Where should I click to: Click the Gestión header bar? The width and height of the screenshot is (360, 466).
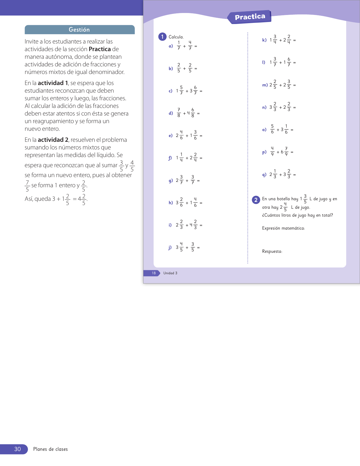tap(79, 30)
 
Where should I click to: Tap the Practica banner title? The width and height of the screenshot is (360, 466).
tap(250, 17)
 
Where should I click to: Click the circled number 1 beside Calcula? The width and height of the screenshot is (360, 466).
tap(162, 37)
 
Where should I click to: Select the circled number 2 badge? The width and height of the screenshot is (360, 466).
tap(256, 200)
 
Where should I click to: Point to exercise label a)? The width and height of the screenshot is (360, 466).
tap(171, 46)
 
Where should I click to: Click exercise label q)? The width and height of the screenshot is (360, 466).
tap(264, 175)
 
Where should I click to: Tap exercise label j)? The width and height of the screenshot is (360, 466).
tap(170, 247)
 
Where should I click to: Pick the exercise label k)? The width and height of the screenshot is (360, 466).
tap(264, 40)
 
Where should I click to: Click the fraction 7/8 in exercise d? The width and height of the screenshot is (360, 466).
tap(179, 112)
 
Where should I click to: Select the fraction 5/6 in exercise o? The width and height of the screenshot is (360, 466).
tap(272, 129)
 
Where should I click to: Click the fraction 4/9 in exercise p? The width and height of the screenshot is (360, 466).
tap(272, 151)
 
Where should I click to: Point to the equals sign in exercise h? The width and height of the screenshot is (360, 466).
tap(201, 203)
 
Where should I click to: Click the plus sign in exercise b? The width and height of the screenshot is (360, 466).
tap(184, 69)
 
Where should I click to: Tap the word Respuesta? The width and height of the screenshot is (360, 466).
tap(272, 251)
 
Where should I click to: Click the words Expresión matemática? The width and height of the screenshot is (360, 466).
tap(283, 228)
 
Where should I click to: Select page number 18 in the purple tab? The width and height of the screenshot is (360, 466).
tap(154, 273)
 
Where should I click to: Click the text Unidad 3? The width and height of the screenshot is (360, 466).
tap(170, 273)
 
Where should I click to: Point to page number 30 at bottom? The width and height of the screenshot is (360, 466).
tap(18, 449)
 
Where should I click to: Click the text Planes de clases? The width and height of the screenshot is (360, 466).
tap(51, 449)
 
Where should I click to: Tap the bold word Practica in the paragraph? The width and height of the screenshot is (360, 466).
tap(100, 49)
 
